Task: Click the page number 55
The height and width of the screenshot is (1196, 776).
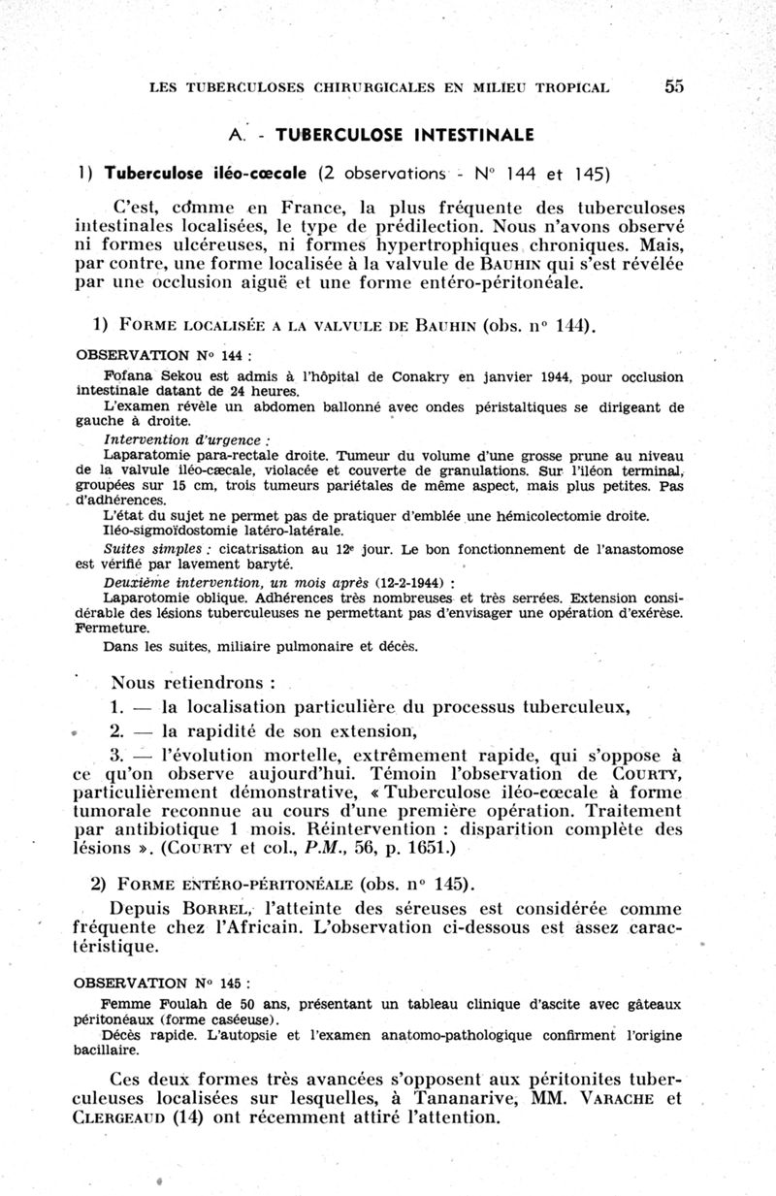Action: [x=675, y=86]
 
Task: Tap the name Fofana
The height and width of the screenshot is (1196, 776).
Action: [x=125, y=374]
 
